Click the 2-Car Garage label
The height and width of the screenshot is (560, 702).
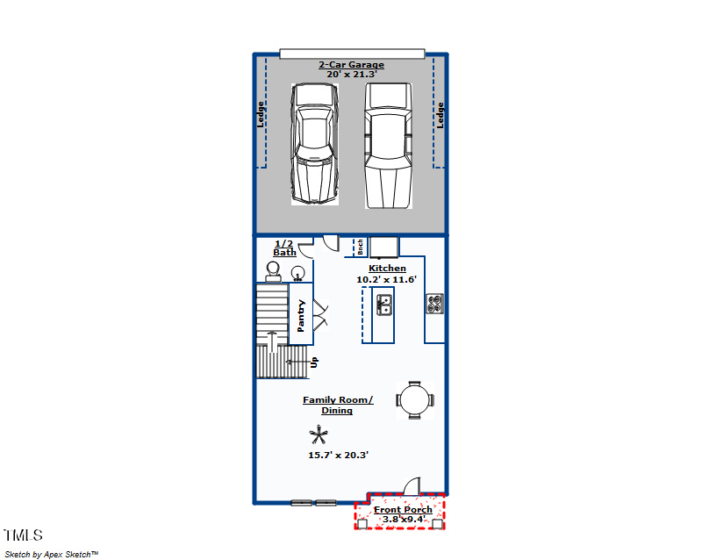pyautogui.click(x=350, y=65)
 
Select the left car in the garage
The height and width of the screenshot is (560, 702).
pyautogui.click(x=314, y=145)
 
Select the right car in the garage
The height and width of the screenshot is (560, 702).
pyautogui.click(x=388, y=145)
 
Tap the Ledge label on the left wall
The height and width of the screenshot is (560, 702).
pyautogui.click(x=261, y=115)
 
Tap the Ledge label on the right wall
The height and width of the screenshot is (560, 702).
pyautogui.click(x=441, y=115)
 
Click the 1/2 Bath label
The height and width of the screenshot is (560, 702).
pyautogui.click(x=284, y=248)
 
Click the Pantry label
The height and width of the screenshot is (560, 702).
pyautogui.click(x=301, y=316)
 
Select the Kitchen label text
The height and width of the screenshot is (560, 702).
pyautogui.click(x=387, y=269)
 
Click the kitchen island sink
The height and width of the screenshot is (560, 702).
pyautogui.click(x=384, y=305)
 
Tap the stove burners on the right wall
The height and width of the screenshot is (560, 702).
pyautogui.click(x=434, y=304)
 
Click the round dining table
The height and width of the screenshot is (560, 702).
pyautogui.click(x=415, y=399)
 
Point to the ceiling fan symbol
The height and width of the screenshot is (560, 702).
pyautogui.click(x=319, y=434)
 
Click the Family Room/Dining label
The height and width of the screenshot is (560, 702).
pyautogui.click(x=338, y=405)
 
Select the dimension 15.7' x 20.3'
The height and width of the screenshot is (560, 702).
pyautogui.click(x=338, y=455)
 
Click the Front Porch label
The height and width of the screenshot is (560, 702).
pyautogui.click(x=403, y=509)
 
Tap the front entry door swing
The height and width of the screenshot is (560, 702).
pyautogui.click(x=413, y=485)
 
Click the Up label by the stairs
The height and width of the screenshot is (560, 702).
pyautogui.click(x=314, y=361)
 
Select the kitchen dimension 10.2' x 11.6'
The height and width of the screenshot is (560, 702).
pyautogui.click(x=386, y=279)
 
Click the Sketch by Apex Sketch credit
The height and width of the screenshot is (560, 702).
pyautogui.click(x=52, y=554)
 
